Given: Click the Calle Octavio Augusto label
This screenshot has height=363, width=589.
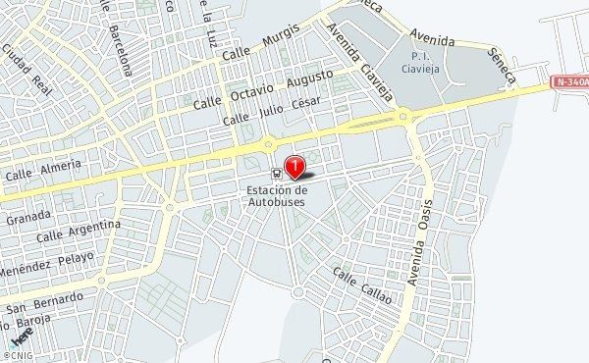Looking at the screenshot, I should point(264,87).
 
